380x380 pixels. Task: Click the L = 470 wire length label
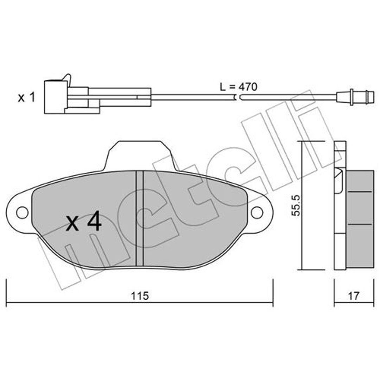click(239, 87)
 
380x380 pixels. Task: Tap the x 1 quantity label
click(27, 97)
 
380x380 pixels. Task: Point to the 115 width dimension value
click(140, 296)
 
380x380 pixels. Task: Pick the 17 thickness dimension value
click(354, 296)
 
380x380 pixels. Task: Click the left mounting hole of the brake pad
click(22, 213)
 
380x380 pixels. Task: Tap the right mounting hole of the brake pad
click(257, 213)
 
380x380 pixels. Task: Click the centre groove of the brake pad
click(140, 218)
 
